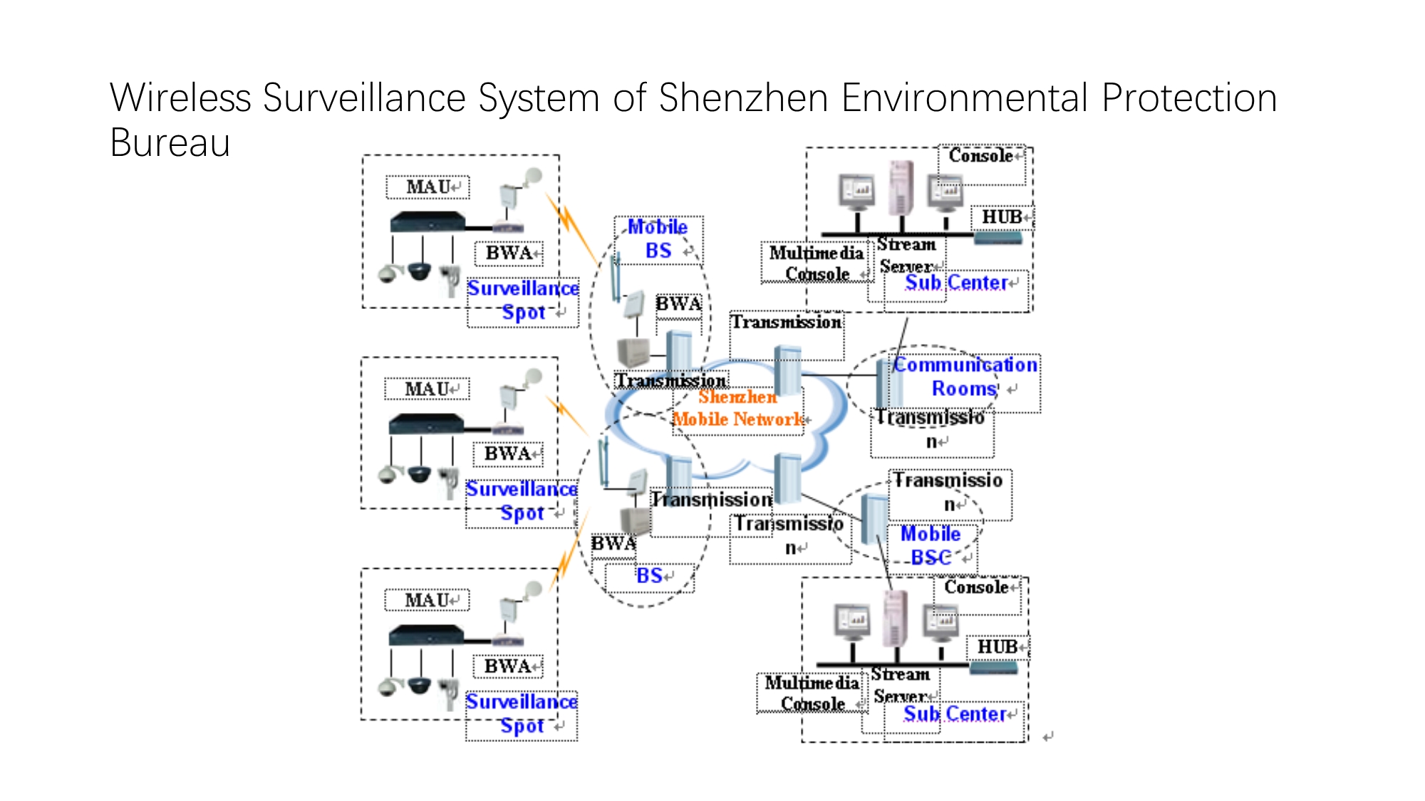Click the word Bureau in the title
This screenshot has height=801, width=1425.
(170, 142)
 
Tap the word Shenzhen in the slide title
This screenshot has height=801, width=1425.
(743, 98)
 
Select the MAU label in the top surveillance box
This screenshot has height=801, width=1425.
(427, 187)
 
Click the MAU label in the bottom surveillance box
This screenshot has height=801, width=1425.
(427, 600)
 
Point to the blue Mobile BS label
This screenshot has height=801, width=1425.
(658, 239)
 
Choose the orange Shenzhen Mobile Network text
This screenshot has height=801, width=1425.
(738, 408)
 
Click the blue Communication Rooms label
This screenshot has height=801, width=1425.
(965, 377)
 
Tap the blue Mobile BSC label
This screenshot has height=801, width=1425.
(931, 545)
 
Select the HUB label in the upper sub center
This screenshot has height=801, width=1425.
(1002, 217)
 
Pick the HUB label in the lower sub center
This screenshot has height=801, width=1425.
(997, 646)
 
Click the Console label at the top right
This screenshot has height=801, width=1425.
(980, 156)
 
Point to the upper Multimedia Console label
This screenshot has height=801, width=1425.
(817, 263)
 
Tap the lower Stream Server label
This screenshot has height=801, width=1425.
(901, 685)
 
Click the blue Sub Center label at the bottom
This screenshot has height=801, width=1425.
(955, 713)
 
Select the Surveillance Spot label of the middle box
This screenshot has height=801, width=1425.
(522, 501)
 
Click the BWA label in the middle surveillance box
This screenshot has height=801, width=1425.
(507, 454)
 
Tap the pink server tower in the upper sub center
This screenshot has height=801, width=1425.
(901, 187)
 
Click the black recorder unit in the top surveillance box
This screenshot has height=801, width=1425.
(427, 222)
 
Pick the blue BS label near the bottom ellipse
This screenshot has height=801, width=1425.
(649, 575)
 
